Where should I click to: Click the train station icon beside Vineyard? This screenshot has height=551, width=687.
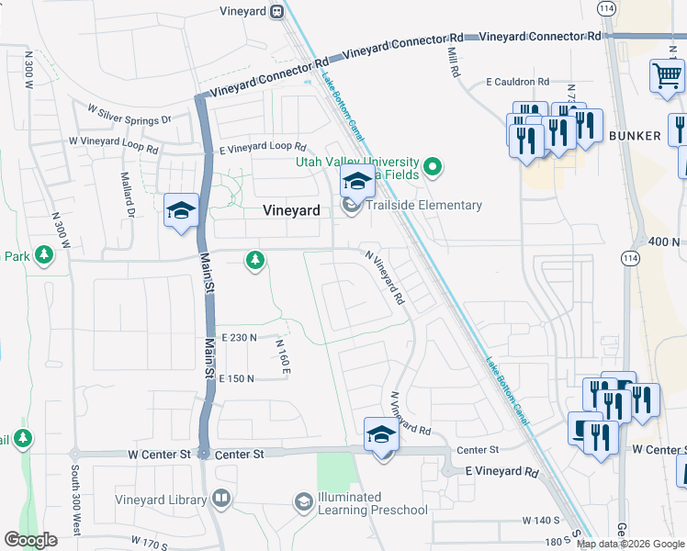(276, 12)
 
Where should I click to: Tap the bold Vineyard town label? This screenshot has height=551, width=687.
(291, 210)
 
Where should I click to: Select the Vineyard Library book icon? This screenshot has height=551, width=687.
(220, 500)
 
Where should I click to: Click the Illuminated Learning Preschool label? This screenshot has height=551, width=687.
(370, 503)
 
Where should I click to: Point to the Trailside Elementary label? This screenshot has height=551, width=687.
(423, 205)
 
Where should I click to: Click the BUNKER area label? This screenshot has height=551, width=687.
(634, 136)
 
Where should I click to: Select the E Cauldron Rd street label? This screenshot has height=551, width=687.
(518, 82)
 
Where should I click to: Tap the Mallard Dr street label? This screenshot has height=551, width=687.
(130, 193)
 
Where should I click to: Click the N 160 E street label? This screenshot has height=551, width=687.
(284, 356)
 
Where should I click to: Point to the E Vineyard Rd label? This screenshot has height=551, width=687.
(501, 471)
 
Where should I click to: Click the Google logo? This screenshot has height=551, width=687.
(30, 540)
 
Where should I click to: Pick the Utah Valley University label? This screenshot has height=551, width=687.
(357, 162)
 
